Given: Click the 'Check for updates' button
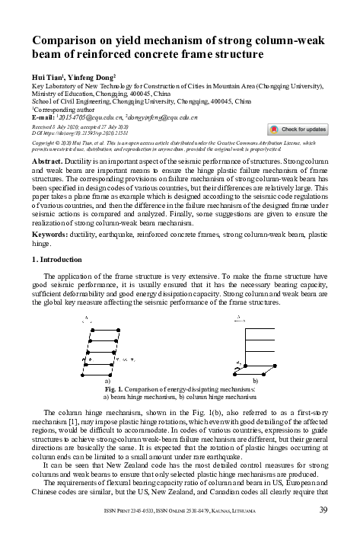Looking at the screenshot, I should point(298,129).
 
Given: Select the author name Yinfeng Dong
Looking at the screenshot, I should point(91,78).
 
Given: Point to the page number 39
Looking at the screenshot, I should point(323,510).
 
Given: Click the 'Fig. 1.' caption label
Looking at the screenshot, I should point(117,388).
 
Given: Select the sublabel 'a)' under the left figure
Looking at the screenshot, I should point(107,379).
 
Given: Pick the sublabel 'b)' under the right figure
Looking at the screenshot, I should point(255,379).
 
